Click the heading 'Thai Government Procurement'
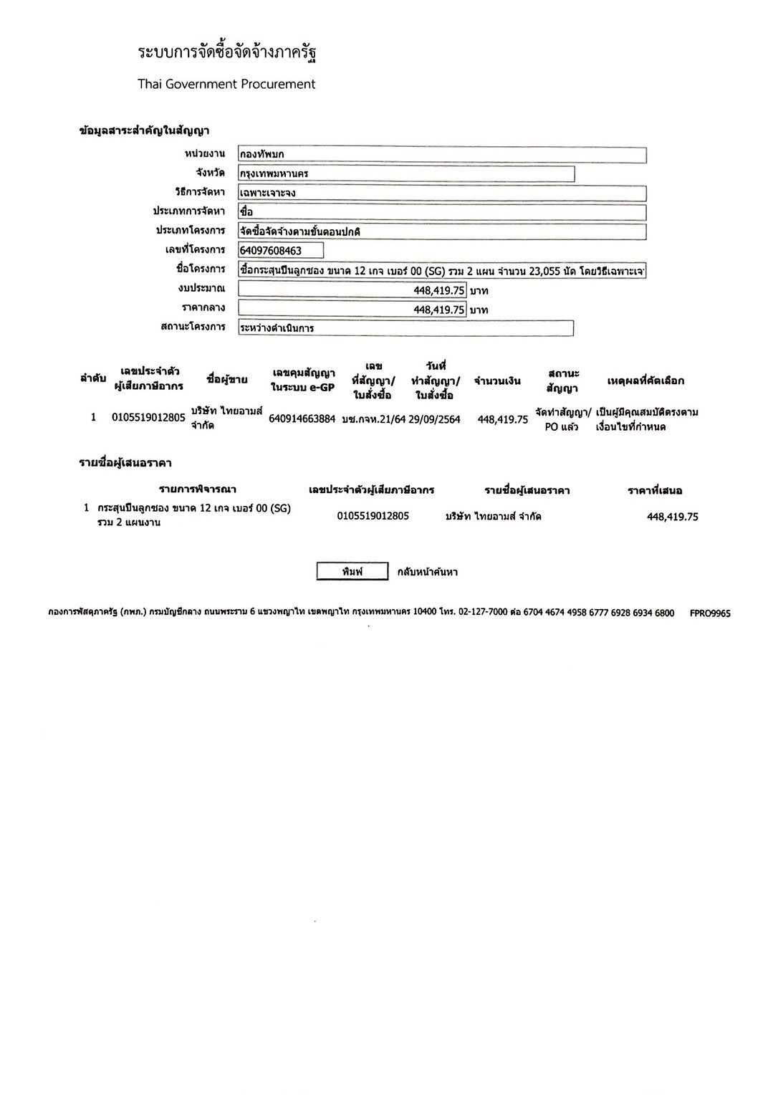click(x=226, y=84)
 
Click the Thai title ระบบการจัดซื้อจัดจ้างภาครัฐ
click(x=227, y=52)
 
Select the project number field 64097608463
click(x=280, y=250)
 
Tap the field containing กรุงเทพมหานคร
click(x=405, y=173)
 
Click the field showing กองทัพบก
click(x=441, y=155)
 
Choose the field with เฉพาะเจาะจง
click(x=441, y=193)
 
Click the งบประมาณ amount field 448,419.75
click(x=352, y=290)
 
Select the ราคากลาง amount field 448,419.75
click(x=352, y=310)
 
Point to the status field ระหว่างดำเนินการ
click(x=405, y=328)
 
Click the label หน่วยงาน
click(x=204, y=154)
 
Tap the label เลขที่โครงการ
click(x=195, y=249)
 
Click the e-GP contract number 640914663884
click(x=302, y=419)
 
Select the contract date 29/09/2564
click(x=434, y=419)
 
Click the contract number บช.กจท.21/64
click(x=373, y=419)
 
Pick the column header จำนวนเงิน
click(x=497, y=381)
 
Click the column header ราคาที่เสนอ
click(x=655, y=491)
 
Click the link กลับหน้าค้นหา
click(x=427, y=572)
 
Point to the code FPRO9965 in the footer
click(x=710, y=613)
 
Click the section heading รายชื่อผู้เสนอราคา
click(x=125, y=463)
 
